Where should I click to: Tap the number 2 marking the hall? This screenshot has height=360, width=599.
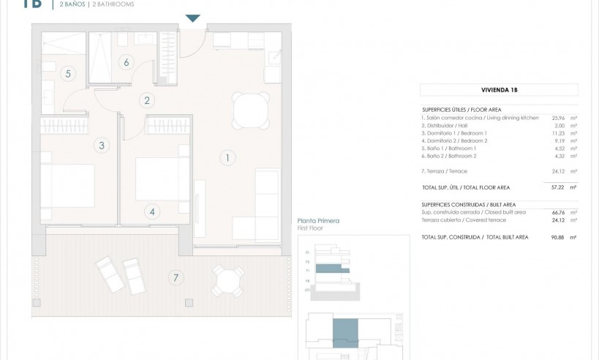tap(147, 101)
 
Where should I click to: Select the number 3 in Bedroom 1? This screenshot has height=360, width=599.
tap(102, 146)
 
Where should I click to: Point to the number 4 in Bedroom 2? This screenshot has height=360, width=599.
tap(152, 212)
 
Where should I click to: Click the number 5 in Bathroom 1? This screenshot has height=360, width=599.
tap(67, 73)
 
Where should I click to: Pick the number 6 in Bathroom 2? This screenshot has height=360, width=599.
tap(127, 62)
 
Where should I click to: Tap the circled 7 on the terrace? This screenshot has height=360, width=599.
tap(174, 277)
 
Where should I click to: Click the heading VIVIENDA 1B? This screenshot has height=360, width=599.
tap(499, 91)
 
